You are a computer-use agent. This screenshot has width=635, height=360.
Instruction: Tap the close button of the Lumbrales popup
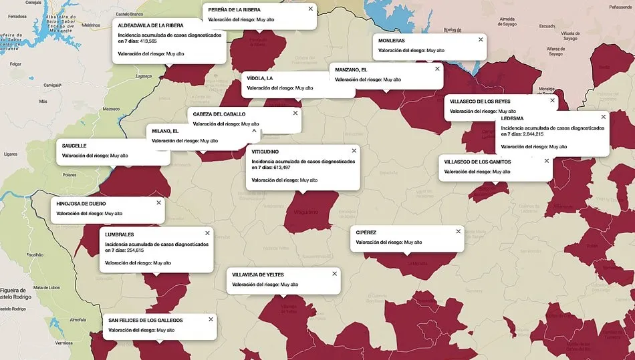click(x=207, y=233)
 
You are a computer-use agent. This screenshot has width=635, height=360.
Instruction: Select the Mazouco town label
click(x=111, y=109)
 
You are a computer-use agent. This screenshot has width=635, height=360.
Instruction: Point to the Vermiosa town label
click(x=63, y=343)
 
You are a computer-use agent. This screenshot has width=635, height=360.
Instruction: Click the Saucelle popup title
click(x=74, y=146)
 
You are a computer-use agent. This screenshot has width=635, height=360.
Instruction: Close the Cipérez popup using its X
click(x=458, y=232)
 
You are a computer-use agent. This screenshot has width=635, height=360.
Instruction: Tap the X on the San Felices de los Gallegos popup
click(x=211, y=319)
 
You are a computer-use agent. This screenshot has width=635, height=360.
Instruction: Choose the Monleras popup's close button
click(x=480, y=40)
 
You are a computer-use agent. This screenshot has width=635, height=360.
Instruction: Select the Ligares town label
click(x=11, y=154)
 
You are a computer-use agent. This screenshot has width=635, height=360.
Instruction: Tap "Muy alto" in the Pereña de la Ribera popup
click(x=261, y=19)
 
